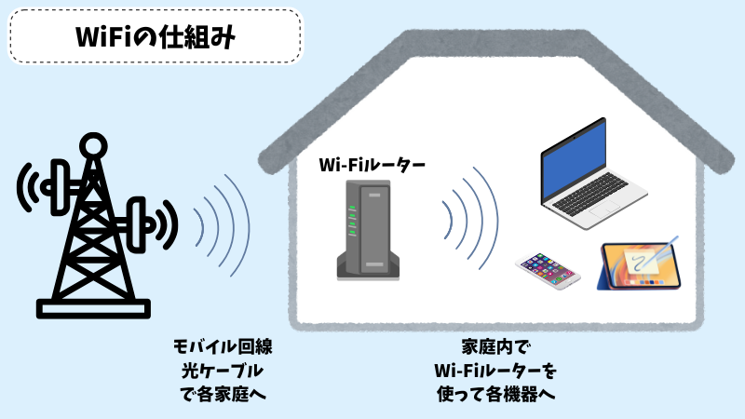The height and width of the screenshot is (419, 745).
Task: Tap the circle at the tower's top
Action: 93,144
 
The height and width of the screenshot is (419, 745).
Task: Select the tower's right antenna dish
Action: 142,220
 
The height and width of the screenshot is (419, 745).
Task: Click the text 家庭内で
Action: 494,346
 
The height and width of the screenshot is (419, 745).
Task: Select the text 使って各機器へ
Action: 494,393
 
